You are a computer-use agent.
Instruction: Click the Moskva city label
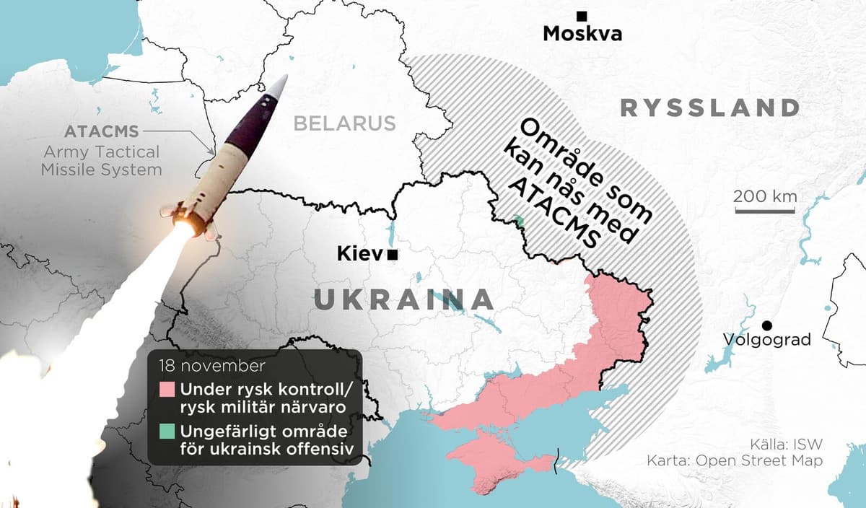point(582,34)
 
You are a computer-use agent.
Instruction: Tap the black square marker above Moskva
point(581,16)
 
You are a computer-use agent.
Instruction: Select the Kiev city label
point(360,254)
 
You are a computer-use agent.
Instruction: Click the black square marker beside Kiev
point(393,255)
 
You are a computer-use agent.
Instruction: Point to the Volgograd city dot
point(768,326)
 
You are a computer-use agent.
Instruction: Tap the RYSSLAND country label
point(710,108)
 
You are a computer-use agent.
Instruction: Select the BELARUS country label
point(344,123)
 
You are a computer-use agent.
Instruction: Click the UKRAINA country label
point(404,299)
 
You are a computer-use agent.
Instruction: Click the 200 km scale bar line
point(766,211)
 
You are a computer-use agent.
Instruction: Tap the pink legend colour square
point(167,390)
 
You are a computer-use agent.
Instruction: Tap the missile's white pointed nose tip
point(282,86)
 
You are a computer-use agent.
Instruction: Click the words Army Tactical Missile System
point(101,161)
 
